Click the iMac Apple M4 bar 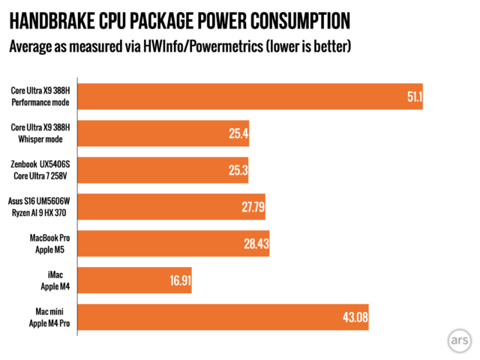point(135,280)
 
